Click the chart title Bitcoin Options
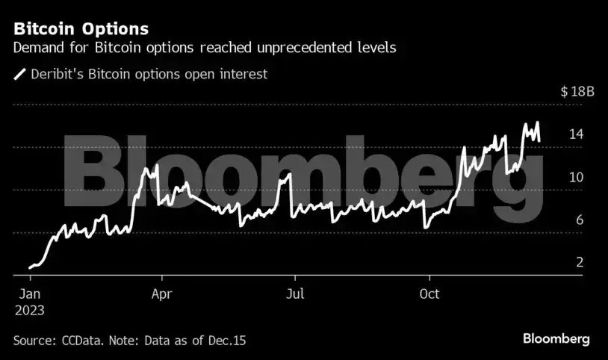point(81,29)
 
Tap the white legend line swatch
point(19,74)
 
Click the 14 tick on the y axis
point(575,134)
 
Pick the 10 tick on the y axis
point(575,177)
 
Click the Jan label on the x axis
point(29,294)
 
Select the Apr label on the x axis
point(162,294)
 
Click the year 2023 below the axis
point(29,309)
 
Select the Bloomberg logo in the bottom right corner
point(556,338)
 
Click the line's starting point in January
point(30,267)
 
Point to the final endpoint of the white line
point(539,139)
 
